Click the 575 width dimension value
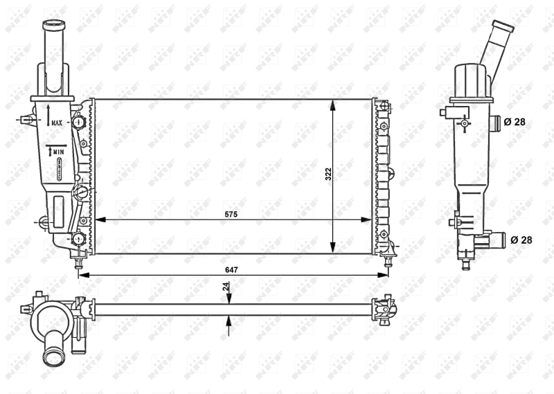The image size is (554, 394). click(231, 215)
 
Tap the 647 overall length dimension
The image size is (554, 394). click(231, 269)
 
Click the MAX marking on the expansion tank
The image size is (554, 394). click(56, 122)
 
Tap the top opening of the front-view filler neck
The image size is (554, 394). click(53, 26)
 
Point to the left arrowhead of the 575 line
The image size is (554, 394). click(98, 220)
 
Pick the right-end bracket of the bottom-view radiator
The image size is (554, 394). click(385, 309)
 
